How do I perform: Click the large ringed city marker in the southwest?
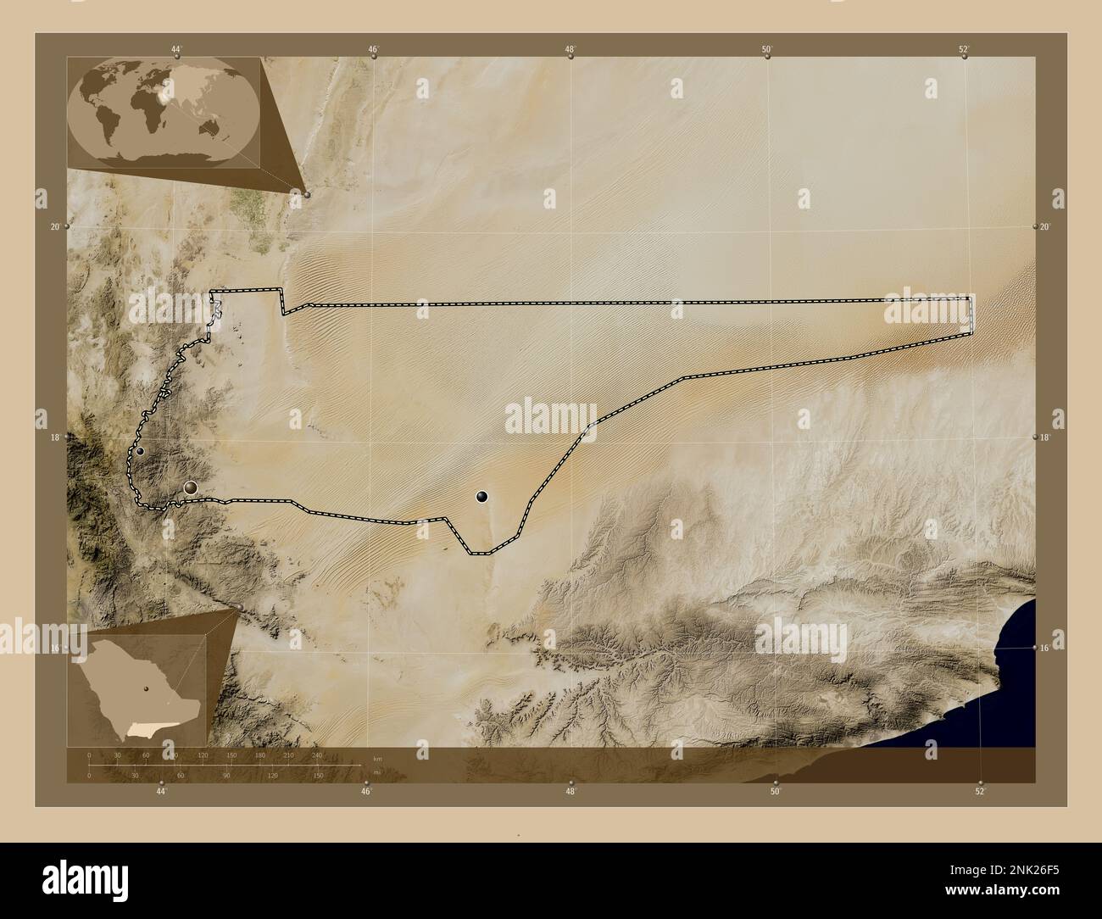click(191, 487)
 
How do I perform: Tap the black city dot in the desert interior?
click(481, 496)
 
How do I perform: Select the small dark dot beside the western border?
click(140, 451)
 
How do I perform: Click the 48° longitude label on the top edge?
click(570, 49)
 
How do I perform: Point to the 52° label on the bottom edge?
click(980, 791)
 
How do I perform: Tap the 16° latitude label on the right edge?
click(1044, 648)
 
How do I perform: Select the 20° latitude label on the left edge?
click(55, 227)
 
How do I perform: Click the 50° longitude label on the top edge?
click(766, 49)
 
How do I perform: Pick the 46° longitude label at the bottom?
click(366, 791)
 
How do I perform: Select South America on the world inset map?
click(109, 127)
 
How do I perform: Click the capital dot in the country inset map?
click(146, 688)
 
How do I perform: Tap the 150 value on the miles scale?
click(318, 775)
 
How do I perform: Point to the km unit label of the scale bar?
click(377, 758)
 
